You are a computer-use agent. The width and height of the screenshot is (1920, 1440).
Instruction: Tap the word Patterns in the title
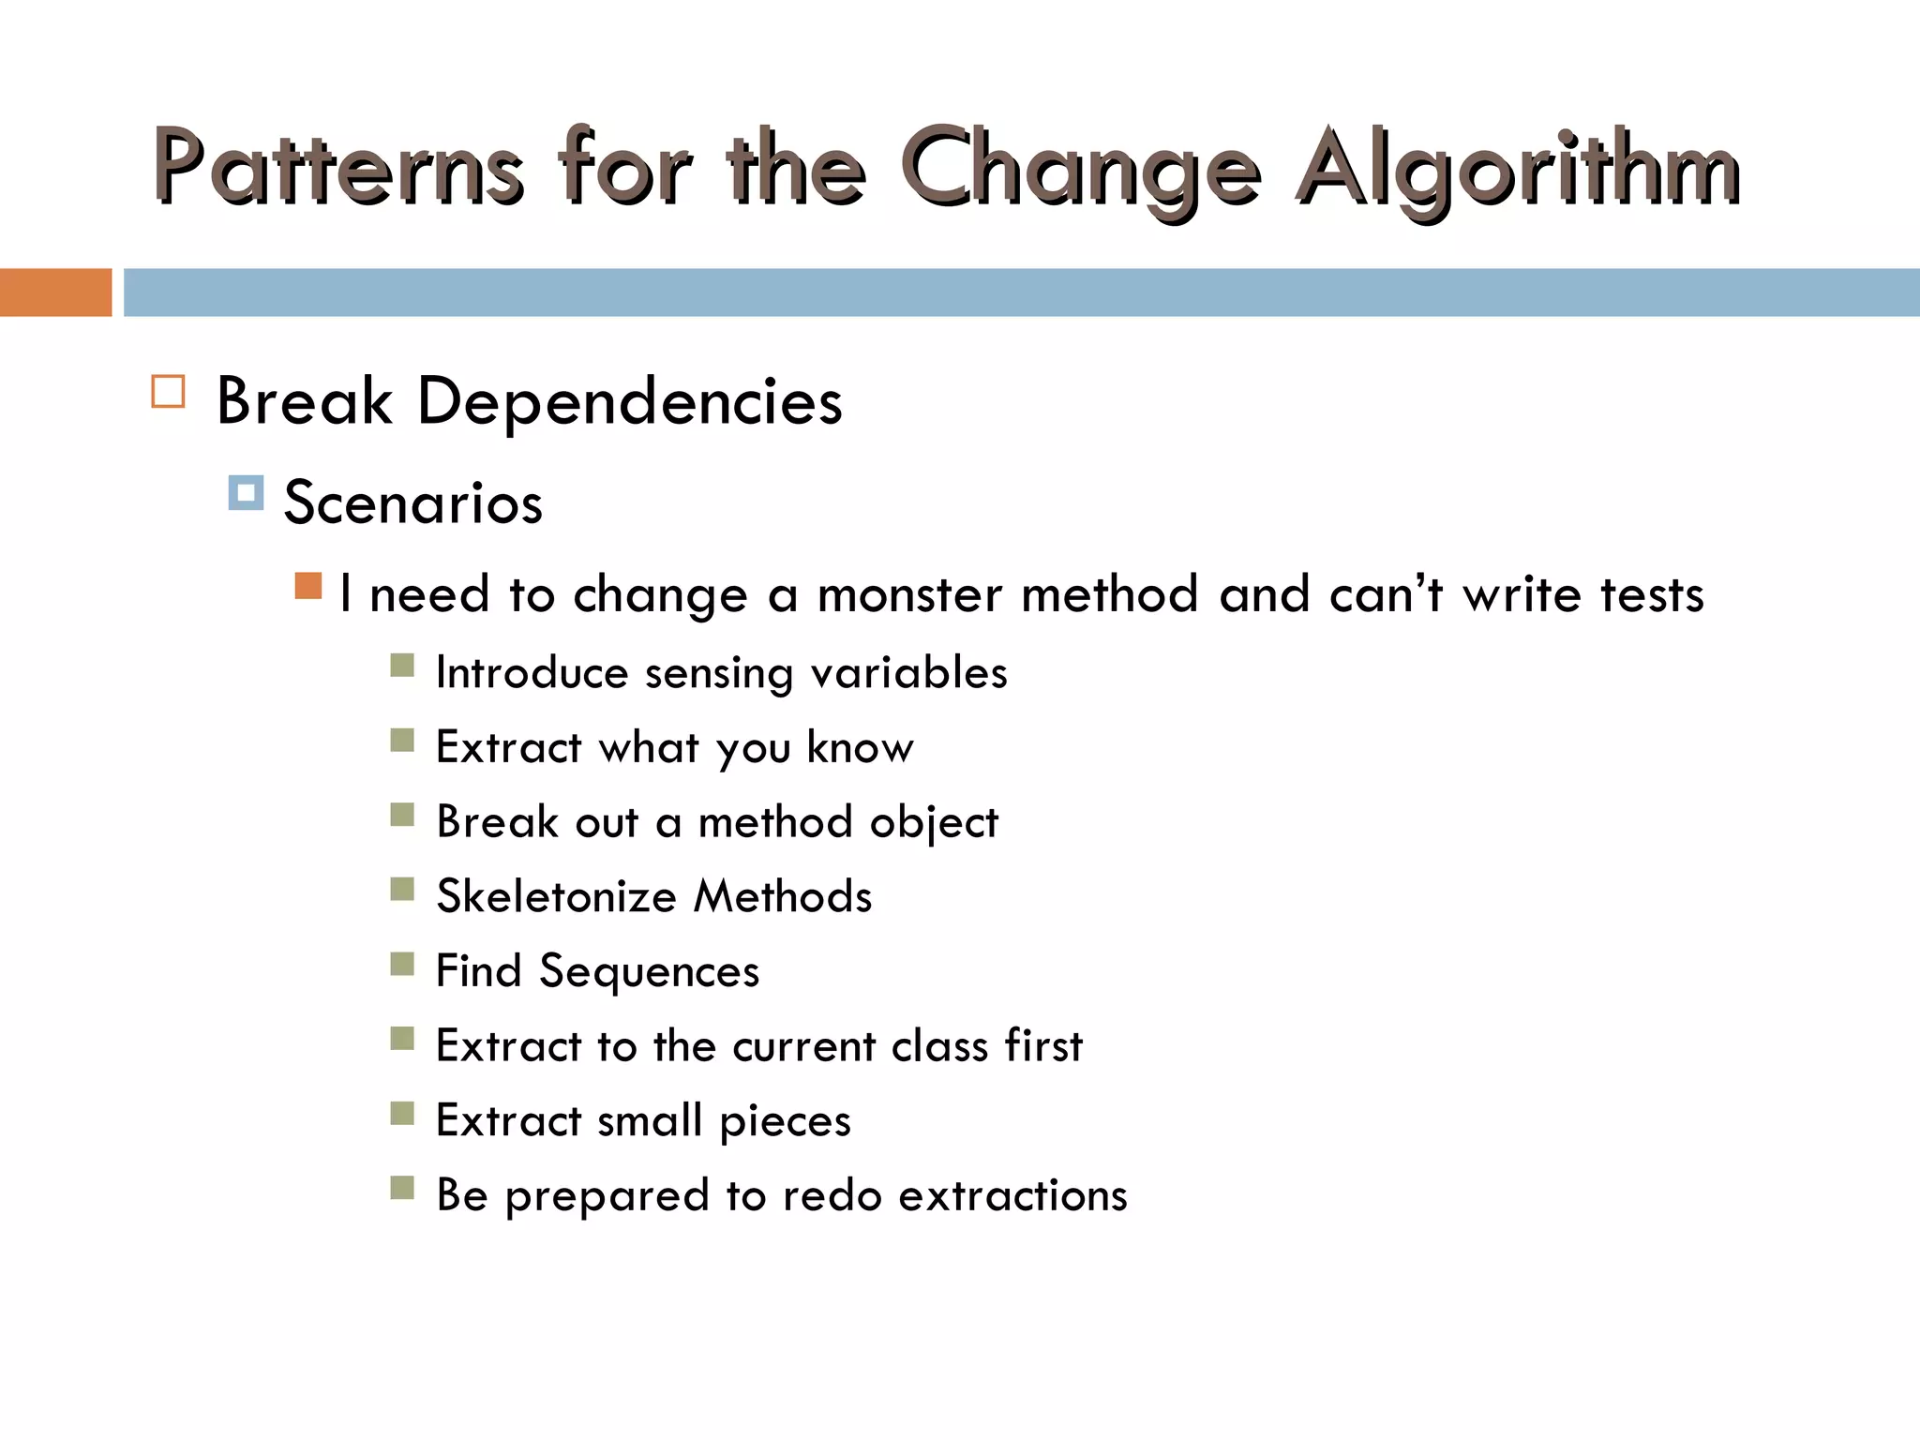pos(337,169)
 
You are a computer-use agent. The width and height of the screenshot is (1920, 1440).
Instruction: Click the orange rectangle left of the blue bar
pos(55,292)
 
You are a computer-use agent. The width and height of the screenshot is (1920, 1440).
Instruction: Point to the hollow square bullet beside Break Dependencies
pos(169,391)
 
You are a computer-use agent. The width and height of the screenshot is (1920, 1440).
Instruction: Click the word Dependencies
pos(629,402)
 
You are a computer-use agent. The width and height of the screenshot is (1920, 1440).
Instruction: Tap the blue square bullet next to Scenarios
pos(246,493)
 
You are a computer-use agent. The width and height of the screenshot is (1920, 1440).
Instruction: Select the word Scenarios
pos(412,502)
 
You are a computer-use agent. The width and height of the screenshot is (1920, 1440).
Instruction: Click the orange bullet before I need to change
pos(308,586)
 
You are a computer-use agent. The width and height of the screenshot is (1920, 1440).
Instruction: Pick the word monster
pos(908,594)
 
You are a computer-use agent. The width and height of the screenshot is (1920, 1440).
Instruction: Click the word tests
pos(1651,594)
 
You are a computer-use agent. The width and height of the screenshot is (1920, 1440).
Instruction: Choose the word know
pos(860,747)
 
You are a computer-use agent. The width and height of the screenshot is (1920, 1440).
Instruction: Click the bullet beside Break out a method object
pos(402,814)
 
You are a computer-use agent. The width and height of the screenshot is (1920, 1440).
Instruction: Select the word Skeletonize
pos(556,896)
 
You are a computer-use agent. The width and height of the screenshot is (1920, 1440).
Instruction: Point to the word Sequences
pos(649,971)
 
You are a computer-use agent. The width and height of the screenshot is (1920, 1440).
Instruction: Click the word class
pos(939,1045)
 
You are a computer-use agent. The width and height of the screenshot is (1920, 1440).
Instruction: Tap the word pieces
pos(785,1121)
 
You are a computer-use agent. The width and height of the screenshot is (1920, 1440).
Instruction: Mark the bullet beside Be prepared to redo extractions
pos(402,1188)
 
